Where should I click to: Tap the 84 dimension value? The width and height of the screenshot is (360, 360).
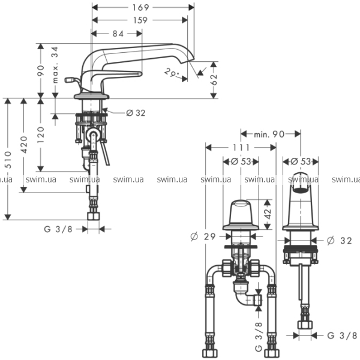[x=118, y=34]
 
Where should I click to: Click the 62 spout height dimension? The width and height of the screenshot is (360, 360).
[x=214, y=79]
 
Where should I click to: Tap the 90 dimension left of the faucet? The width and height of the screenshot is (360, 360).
[x=41, y=70]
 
